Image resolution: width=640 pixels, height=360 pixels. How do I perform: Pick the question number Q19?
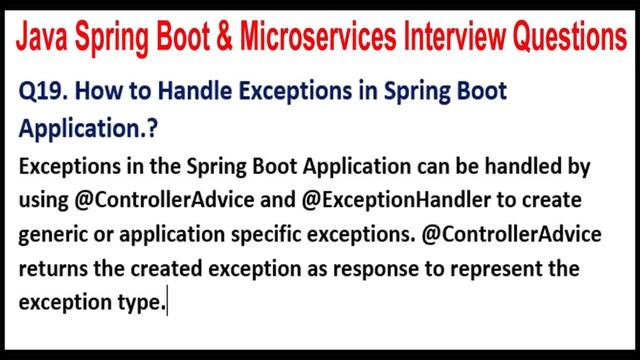click(42, 93)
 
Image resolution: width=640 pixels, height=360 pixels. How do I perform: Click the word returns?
click(51, 271)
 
